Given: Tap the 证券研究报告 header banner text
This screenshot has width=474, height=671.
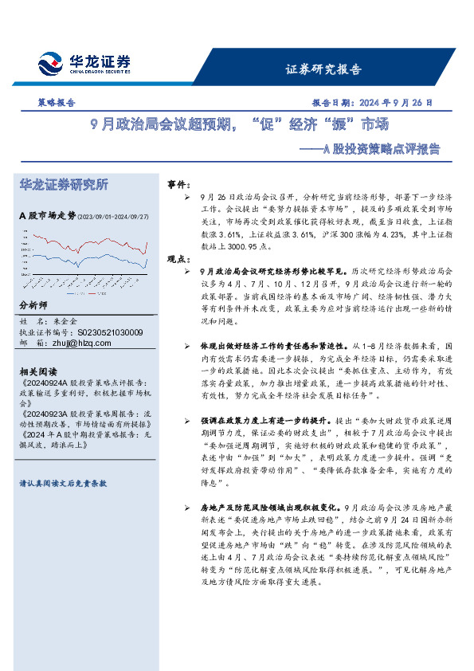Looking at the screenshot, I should click(323, 69).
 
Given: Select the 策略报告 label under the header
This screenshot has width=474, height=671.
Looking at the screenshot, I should click(57, 103).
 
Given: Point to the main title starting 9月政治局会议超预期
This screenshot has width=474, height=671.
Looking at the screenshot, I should click(239, 125).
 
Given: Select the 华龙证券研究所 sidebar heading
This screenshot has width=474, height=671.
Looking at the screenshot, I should click(64, 185).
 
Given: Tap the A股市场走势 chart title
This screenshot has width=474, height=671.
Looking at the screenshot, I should click(47, 215).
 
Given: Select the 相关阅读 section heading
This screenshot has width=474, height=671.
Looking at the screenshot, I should click(38, 372).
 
